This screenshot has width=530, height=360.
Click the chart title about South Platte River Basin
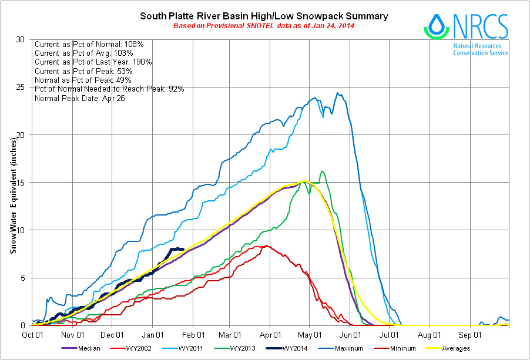(264, 16)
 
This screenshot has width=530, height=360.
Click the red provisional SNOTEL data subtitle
(264, 26)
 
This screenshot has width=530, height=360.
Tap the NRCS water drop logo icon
(436, 26)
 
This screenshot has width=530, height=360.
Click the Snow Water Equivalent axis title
(12, 194)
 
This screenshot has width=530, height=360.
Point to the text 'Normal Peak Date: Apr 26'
(80, 98)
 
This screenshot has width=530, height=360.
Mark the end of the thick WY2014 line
(183, 249)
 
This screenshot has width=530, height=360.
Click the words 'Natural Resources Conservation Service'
(480, 49)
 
